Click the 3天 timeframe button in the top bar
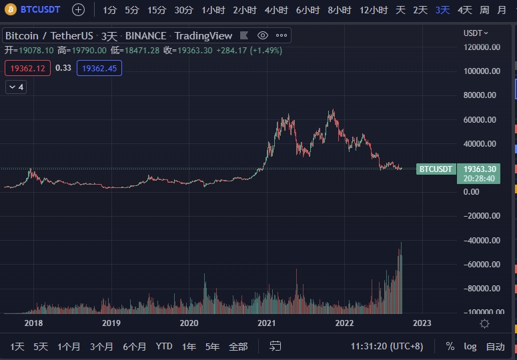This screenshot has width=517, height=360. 442,10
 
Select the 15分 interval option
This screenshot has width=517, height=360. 157,10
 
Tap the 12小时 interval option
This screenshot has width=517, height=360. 373,10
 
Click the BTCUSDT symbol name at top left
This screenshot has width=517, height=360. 41,10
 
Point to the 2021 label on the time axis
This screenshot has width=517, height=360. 267,323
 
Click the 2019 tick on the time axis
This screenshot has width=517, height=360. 111,323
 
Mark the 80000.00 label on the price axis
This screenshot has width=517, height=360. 480,95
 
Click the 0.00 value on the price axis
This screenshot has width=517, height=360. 472,192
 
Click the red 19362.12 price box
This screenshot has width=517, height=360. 27,68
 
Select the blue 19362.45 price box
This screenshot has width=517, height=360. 99,68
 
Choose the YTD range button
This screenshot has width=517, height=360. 164,347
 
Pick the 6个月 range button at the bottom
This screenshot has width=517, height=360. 134,347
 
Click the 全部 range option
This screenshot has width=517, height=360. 238,347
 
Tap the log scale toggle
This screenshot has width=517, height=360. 470,347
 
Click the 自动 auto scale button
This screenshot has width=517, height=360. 495,347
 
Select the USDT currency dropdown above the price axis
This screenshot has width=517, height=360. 476,33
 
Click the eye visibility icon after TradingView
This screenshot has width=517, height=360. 263,35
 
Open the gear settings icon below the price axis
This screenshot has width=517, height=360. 485,323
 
